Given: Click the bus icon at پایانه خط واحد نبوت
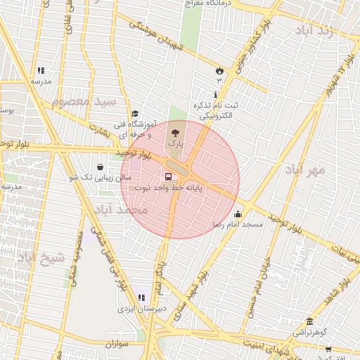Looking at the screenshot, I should click(168, 177).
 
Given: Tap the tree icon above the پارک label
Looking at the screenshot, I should click(175, 131).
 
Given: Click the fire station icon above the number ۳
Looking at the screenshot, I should click(219, 70).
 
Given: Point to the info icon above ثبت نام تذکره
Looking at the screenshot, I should click(215, 94).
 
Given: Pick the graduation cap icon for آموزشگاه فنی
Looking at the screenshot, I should click(134, 113).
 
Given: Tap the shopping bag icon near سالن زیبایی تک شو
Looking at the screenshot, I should click(100, 167).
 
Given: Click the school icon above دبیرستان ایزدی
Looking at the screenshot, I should click(141, 298).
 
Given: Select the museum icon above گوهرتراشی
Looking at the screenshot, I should click(309, 321).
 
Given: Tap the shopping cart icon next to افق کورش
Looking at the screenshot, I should click(328, 349).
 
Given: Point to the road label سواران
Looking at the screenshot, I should click(120, 344).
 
